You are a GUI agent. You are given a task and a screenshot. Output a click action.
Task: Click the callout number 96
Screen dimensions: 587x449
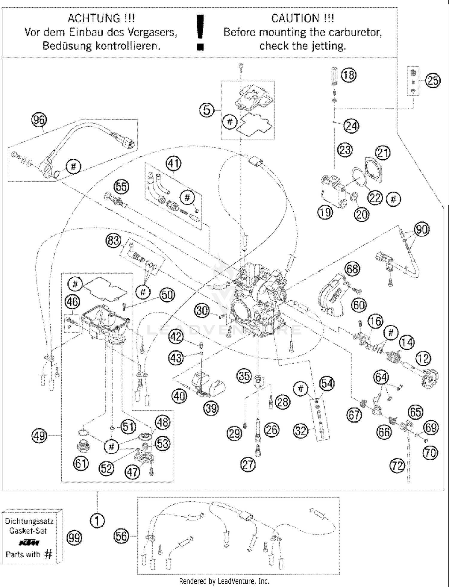(x=39, y=120)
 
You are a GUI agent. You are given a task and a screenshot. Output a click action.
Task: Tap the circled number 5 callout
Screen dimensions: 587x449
(x=207, y=110)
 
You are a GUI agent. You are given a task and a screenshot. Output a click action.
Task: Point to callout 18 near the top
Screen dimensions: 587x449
(x=349, y=75)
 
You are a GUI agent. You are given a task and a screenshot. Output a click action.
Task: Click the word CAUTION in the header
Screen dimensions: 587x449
(x=295, y=19)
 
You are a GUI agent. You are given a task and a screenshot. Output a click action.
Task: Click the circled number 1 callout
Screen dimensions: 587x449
(x=97, y=521)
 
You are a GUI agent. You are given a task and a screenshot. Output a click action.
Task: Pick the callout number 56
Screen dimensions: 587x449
(x=121, y=536)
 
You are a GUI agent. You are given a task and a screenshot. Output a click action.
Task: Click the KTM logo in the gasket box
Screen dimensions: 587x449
(x=29, y=543)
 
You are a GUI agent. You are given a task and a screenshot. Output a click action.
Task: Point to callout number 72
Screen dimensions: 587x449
(x=397, y=466)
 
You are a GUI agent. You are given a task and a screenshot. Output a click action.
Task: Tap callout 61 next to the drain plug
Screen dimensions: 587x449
(x=81, y=464)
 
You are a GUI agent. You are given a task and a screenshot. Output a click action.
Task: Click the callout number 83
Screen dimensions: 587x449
(x=113, y=240)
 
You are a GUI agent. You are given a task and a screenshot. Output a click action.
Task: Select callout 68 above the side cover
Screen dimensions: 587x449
(x=352, y=269)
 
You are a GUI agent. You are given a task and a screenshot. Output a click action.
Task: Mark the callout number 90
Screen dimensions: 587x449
(x=422, y=229)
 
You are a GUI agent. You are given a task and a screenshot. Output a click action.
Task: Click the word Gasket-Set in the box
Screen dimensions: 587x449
(x=28, y=531)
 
